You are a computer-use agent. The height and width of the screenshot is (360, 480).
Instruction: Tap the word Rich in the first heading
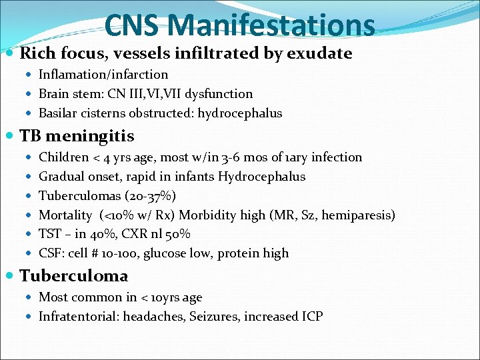coord(39,53)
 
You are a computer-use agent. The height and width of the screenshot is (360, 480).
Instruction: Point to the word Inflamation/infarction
coord(103,75)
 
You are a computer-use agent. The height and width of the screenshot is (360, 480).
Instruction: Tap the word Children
coord(64,157)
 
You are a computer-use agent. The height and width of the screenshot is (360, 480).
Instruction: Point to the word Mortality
coord(65,215)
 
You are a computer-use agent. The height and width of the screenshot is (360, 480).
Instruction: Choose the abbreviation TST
coord(50,235)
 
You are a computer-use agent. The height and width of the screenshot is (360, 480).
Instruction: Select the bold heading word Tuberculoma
coord(74,276)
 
